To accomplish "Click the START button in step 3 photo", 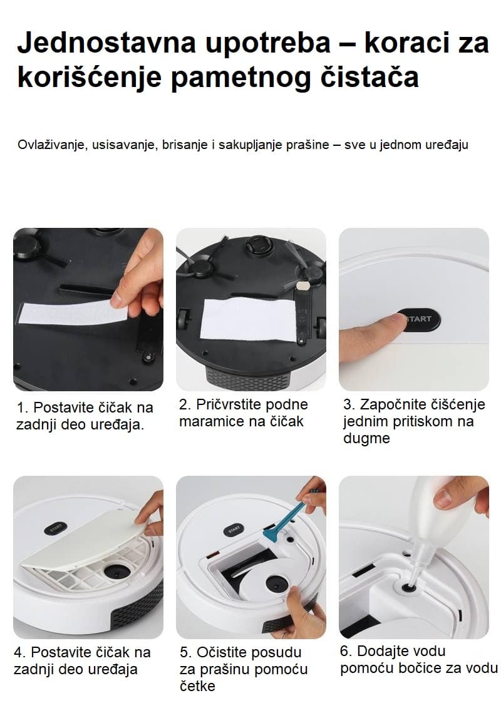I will pyautogui.click(x=418, y=319).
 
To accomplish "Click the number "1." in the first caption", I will pyautogui.click(x=23, y=408).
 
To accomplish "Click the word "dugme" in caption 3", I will pyautogui.click(x=366, y=438).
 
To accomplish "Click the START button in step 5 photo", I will pyautogui.click(x=233, y=528).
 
